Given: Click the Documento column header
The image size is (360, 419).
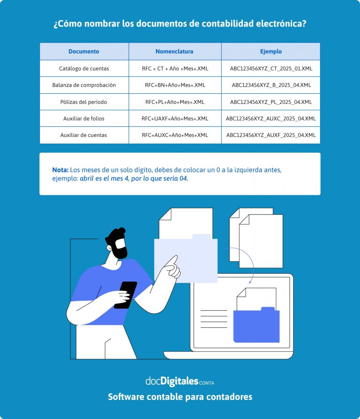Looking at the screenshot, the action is (84, 51).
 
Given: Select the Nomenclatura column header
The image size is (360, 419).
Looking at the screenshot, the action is (174, 51).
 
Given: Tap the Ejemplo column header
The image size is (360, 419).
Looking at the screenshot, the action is (271, 52).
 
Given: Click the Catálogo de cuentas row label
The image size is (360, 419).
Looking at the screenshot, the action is (84, 69).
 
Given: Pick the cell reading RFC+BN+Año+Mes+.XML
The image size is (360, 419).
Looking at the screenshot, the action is (175, 85).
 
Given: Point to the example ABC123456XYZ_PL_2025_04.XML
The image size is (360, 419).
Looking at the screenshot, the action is (271, 102).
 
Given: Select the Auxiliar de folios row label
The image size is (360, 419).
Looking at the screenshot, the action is (84, 119).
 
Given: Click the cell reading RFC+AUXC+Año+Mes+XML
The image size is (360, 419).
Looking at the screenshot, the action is (175, 135).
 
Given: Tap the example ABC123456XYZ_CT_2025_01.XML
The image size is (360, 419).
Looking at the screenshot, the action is (271, 69).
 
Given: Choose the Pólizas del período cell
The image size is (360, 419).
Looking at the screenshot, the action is (84, 102).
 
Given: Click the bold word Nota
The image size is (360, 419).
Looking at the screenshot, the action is (60, 170).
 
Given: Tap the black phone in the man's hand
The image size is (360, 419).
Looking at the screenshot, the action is (126, 295).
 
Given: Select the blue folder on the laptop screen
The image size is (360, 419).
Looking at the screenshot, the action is (256, 325).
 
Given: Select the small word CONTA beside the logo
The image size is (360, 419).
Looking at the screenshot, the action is (206, 383).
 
